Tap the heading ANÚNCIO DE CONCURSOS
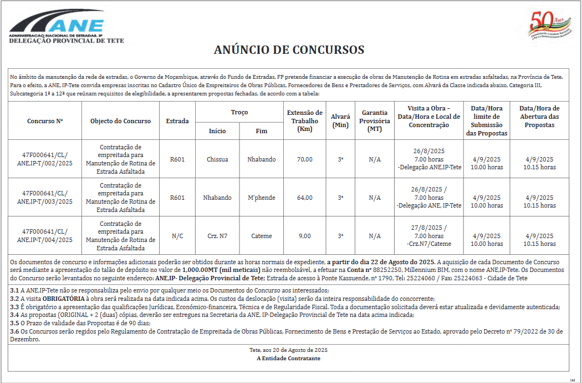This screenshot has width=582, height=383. pos(289,50)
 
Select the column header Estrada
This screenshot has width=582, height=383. pos(177,121)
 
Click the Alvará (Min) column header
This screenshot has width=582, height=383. pos(340,121)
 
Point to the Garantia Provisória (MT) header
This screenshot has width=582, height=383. pos(375,121)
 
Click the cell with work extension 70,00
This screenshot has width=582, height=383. pos(304,159)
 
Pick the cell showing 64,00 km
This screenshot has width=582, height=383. pos(304,198)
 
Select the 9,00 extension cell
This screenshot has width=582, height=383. pos(304,236)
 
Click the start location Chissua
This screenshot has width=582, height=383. pos(217,159)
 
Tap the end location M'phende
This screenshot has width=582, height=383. pos(262,198)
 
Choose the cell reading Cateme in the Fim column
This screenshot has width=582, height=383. pos(262,236)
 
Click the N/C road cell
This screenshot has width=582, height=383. pos(177,236)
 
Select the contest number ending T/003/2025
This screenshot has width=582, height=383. pos(45,198)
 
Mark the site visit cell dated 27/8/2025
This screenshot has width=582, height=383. pos(429,236)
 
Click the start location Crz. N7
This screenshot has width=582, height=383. pos(217,236)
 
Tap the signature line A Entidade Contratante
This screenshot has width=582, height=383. pos(288,359)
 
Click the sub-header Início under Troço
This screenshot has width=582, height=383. pos(217,131)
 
